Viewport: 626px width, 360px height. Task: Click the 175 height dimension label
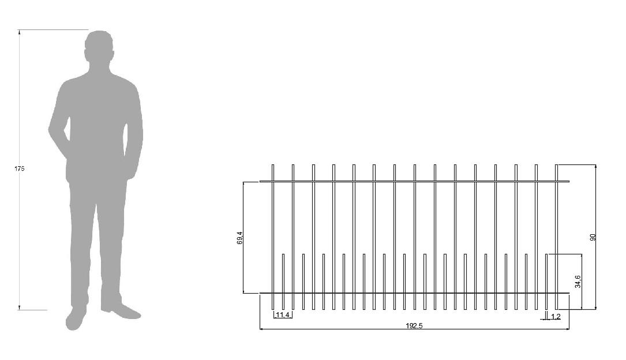click(x=19, y=169)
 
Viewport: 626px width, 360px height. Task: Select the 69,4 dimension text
click(x=239, y=238)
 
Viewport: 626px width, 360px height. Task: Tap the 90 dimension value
click(x=592, y=237)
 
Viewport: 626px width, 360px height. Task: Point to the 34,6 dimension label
click(x=578, y=282)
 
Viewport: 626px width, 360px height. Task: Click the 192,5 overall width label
click(x=414, y=326)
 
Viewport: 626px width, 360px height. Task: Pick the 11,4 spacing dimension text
click(x=283, y=315)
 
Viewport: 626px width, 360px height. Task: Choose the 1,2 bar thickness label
click(x=556, y=317)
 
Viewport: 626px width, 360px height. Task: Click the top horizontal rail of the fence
click(x=414, y=181)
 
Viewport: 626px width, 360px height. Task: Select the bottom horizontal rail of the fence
click(x=414, y=293)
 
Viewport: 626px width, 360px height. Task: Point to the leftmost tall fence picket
click(x=273, y=237)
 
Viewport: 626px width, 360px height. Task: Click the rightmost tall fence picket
click(x=556, y=237)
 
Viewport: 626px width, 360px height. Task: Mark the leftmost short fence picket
click(x=283, y=282)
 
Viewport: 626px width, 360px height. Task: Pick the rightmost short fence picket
click(x=546, y=282)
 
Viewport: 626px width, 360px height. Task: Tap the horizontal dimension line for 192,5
click(x=346, y=329)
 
